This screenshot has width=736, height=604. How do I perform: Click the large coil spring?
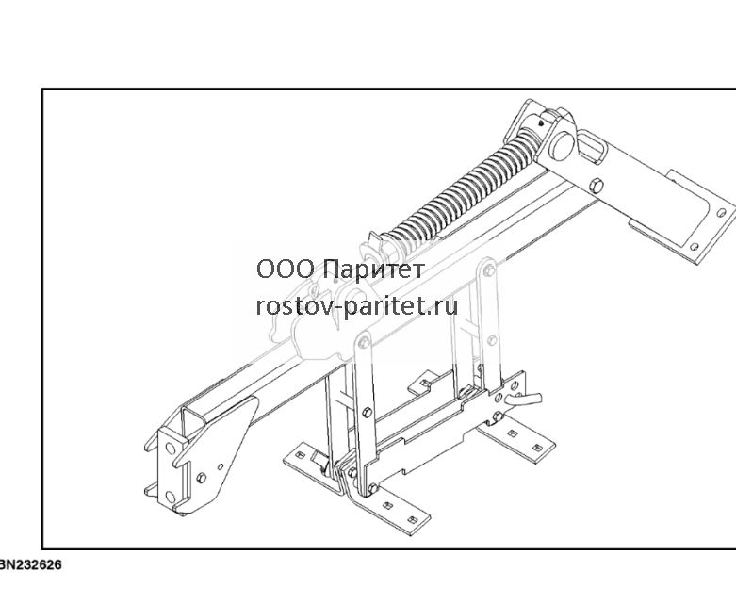[x=464, y=188]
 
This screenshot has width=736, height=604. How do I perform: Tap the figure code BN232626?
[x=30, y=564]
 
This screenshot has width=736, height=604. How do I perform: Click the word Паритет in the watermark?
[x=374, y=269]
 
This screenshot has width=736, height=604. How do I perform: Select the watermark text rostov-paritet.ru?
[x=357, y=305]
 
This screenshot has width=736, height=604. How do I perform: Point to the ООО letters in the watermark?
[x=285, y=269]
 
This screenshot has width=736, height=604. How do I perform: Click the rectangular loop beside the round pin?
[x=592, y=148]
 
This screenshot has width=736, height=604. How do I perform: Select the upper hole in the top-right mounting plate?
[x=721, y=213]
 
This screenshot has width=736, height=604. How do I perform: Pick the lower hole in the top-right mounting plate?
[x=695, y=247]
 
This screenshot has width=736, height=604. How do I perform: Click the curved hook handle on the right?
[x=523, y=400]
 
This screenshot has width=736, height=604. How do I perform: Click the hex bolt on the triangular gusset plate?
[x=201, y=478]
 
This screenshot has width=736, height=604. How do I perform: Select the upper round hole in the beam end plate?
[x=171, y=449]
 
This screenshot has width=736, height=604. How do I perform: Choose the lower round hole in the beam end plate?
[x=171, y=497]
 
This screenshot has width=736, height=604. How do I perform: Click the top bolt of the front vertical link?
[x=364, y=342]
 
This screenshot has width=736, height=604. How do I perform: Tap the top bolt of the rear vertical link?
[x=489, y=269]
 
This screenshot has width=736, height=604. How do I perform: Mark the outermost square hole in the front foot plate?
[x=412, y=519]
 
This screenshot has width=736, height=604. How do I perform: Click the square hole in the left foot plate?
[x=299, y=454]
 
